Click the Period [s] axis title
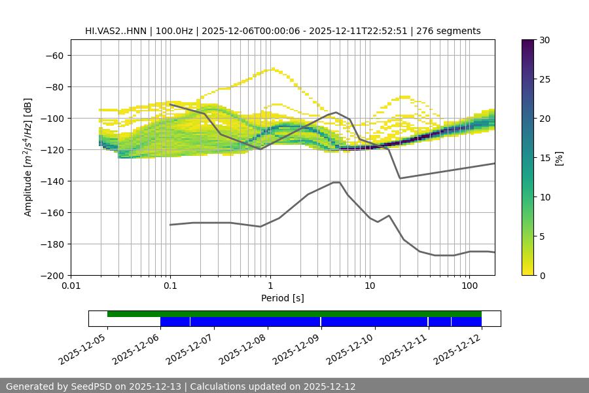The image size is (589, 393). click(x=283, y=298)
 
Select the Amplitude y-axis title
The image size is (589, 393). click(x=27, y=157)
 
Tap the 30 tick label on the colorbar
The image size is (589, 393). click(x=544, y=40)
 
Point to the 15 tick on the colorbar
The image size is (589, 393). click(x=544, y=158)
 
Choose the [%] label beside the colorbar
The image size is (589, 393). click(x=559, y=158)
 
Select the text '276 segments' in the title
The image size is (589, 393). click(x=452, y=31)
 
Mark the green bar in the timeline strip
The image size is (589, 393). click(x=294, y=314)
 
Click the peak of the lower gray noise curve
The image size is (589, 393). click(x=336, y=182)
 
